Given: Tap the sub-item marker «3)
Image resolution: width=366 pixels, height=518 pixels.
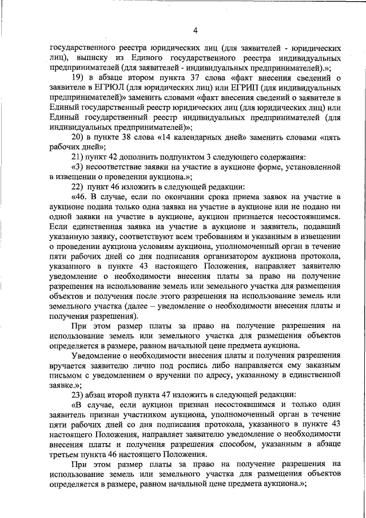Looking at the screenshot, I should point(79,167).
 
